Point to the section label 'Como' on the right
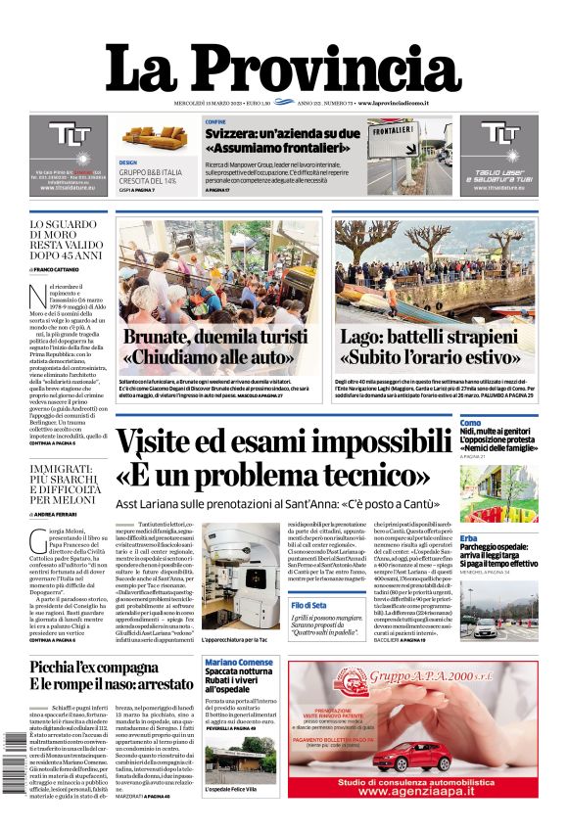click(x=471, y=423)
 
